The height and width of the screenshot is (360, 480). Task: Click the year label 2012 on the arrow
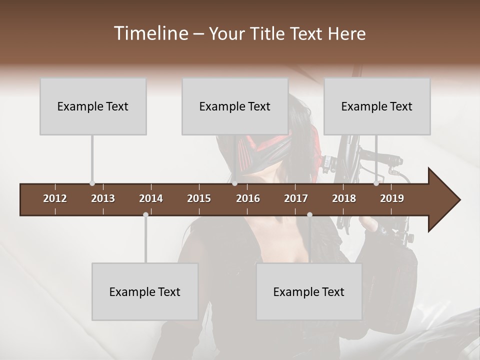coord(55,198)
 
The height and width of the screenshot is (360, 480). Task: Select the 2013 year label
coord(103,198)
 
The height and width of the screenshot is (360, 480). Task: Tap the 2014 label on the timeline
coord(151,198)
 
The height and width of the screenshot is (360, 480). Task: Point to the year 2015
coord(199,198)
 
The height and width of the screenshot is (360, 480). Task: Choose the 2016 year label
coord(248,198)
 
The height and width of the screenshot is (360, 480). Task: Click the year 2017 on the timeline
coord(296,198)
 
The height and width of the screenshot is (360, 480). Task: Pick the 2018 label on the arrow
coord(344,198)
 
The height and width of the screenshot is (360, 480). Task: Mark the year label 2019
coord(392,198)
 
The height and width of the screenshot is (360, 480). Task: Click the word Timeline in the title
coord(150,33)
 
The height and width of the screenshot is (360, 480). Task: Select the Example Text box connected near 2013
coord(93,106)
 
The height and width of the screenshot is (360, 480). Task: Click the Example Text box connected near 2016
coord(235,106)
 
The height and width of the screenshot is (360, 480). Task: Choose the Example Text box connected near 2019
coord(377,106)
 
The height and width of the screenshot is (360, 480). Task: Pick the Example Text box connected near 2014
coord(145,291)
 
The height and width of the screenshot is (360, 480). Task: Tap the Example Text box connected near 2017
coord(309,291)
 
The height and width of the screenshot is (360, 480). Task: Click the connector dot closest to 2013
coord(92,183)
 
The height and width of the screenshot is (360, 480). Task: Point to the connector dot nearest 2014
coord(145,214)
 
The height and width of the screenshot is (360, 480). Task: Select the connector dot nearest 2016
coord(234,183)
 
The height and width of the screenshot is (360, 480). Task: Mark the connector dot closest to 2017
coord(309,214)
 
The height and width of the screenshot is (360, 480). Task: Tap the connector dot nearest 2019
coord(376,183)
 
